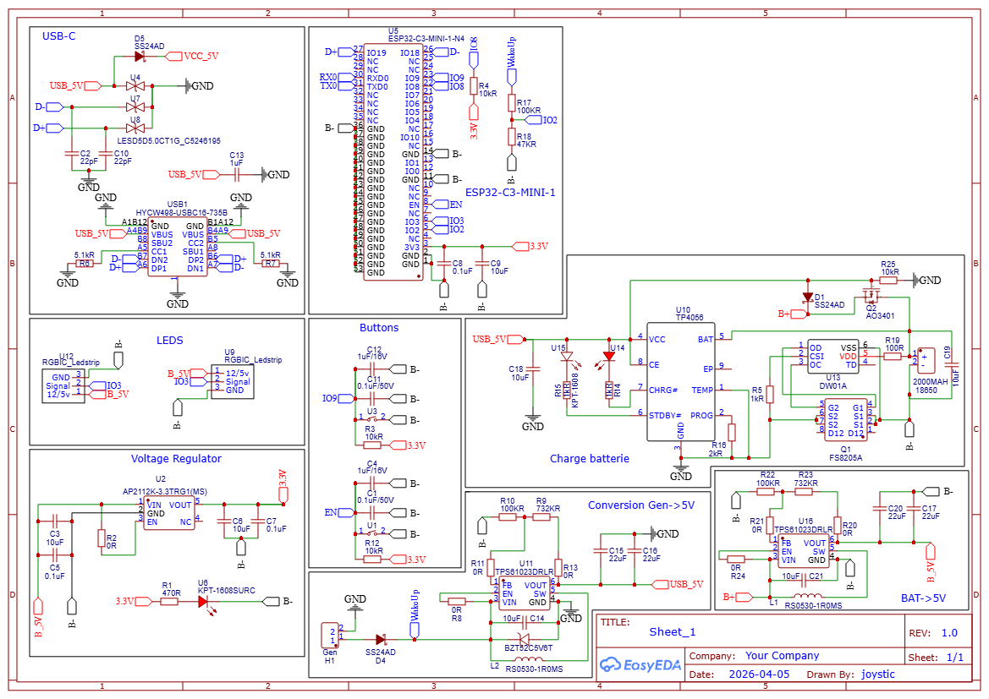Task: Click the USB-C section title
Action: click(59, 35)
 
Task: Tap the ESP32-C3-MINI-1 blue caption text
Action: click(510, 192)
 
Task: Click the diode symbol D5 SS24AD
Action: click(140, 57)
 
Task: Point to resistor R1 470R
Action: click(169, 602)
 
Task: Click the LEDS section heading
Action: click(169, 340)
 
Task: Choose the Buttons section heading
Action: click(379, 328)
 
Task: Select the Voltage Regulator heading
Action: click(176, 459)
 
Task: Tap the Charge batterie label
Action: click(590, 459)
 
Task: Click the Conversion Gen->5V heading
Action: click(641, 505)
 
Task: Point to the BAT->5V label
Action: click(923, 598)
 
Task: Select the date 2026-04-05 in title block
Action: click(759, 674)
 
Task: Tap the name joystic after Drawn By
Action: click(878, 674)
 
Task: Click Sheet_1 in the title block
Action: click(673, 631)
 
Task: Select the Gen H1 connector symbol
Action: click(330, 634)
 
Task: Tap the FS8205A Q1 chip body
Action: click(845, 419)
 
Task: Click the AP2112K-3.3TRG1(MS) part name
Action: click(164, 491)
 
